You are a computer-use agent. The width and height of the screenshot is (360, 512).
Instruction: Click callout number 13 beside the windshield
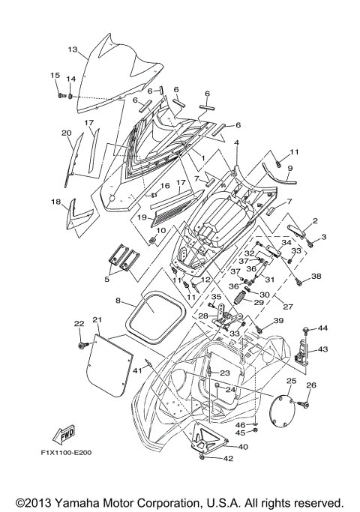coord(73,49)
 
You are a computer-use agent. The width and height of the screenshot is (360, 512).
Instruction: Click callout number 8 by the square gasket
coord(118,301)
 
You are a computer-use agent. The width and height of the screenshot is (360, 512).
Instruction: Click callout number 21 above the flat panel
coord(97,320)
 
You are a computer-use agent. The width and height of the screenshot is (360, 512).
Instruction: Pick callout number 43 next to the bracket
coord(323,349)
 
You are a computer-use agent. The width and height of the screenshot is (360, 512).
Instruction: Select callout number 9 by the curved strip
coord(289,169)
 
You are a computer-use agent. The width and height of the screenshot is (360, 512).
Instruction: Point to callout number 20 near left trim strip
coord(66,133)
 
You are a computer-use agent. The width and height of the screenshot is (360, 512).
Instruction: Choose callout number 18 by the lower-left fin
coord(55,202)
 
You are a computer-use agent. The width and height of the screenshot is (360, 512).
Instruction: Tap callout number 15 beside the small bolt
coord(55,75)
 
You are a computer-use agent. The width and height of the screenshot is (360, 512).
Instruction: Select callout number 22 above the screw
coord(78,323)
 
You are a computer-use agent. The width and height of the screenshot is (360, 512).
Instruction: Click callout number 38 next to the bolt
coord(316,277)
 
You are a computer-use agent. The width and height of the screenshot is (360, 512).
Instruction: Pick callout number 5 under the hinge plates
coord(106,280)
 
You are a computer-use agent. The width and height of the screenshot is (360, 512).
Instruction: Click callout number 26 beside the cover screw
coord(312,386)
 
